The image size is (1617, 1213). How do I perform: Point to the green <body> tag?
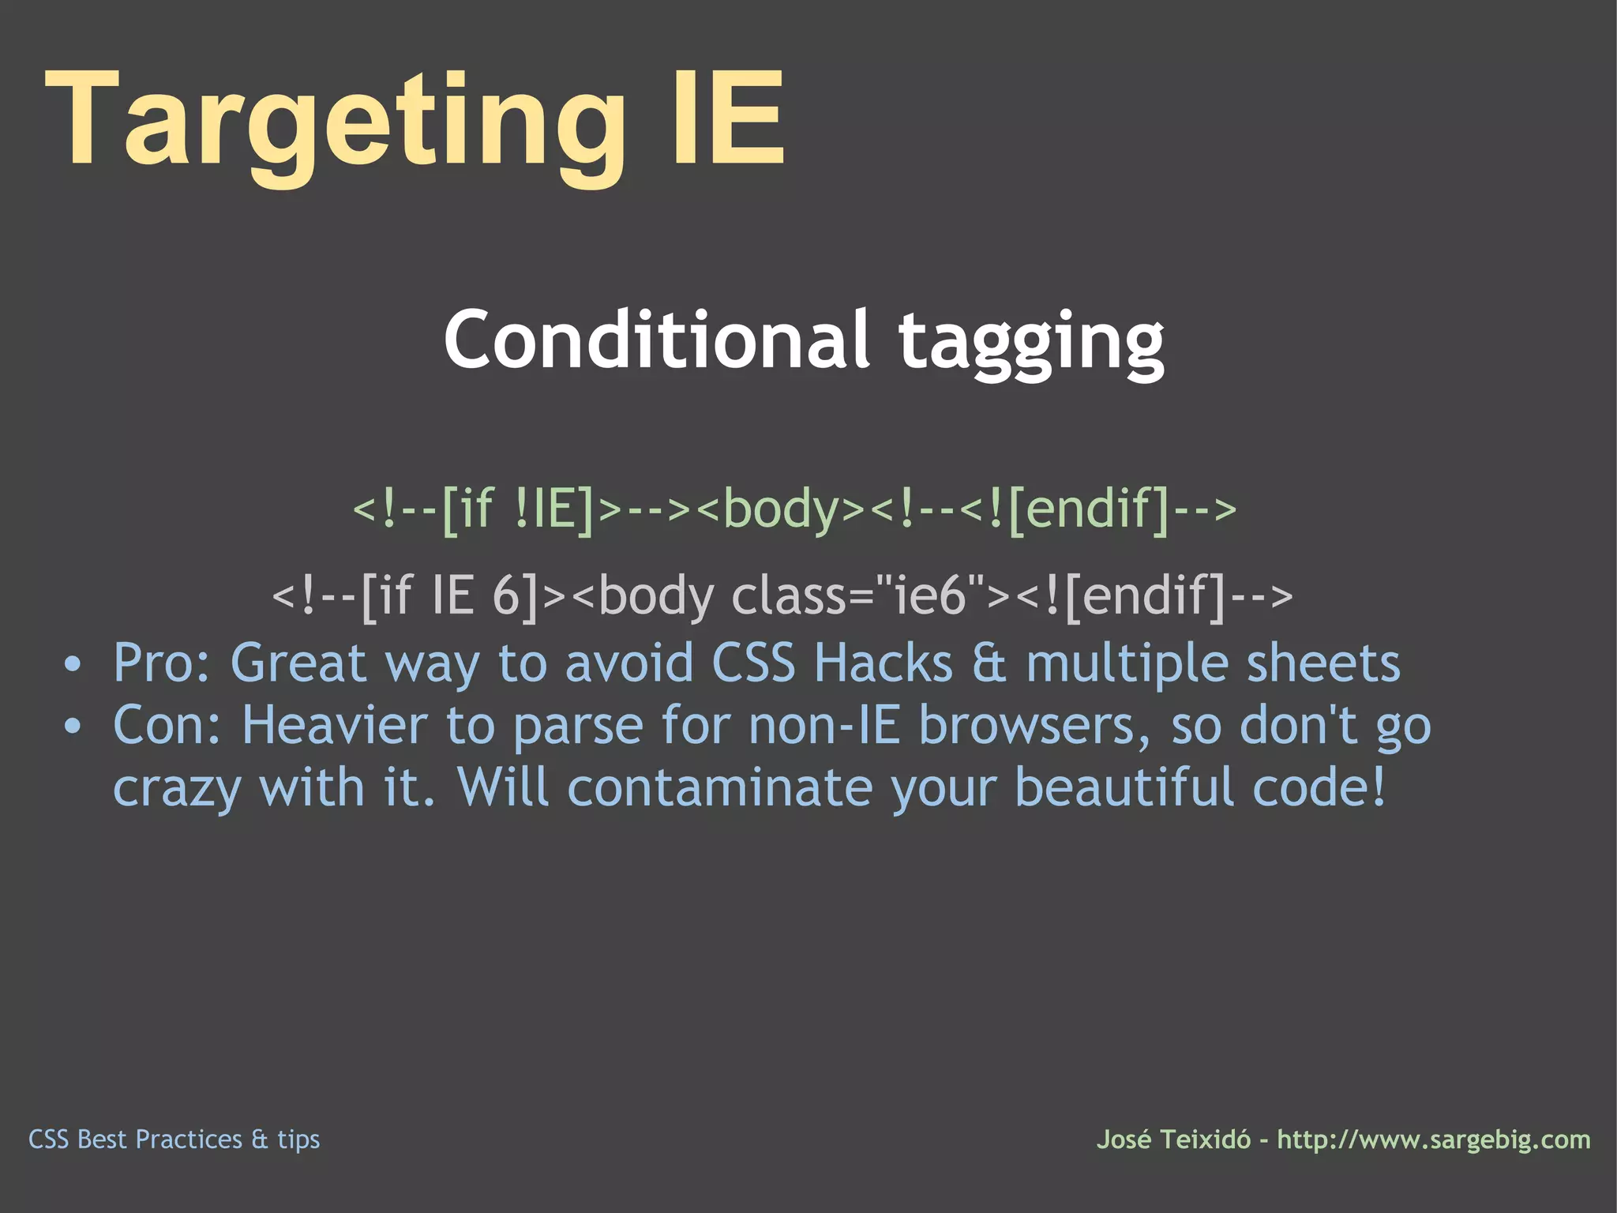(x=782, y=509)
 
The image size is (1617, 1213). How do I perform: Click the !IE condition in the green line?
(x=553, y=509)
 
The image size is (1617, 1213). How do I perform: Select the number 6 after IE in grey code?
(x=506, y=596)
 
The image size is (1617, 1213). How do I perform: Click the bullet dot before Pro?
(x=73, y=664)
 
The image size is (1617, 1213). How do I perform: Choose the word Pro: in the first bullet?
(x=162, y=663)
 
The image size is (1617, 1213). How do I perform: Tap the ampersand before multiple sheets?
(x=989, y=663)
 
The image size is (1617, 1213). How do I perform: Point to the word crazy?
(x=176, y=790)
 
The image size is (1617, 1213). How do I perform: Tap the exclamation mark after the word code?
(x=1379, y=787)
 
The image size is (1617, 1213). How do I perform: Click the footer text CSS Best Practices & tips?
(x=174, y=1140)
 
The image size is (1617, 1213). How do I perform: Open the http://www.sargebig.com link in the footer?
(x=1434, y=1140)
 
